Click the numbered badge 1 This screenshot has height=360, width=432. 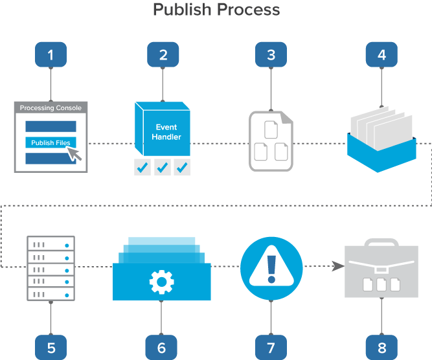coord(51,55)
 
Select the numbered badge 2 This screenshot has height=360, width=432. coord(163,55)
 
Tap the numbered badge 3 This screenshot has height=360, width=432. coord(271,55)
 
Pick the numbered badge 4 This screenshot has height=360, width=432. coord(381,55)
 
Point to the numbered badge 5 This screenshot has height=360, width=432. coord(51,347)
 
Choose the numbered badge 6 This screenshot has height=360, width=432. coord(161,347)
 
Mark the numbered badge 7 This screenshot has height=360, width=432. coord(271,347)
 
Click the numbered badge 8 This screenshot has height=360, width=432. coord(381,347)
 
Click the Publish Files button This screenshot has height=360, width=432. coord(51,142)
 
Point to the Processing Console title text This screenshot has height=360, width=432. coord(51,108)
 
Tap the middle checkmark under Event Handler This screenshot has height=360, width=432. coord(162,168)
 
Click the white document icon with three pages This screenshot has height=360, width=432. coord(271,141)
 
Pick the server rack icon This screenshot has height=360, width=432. coord(51,267)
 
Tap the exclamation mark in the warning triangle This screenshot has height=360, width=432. coord(271,267)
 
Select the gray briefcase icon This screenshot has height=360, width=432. coord(381,269)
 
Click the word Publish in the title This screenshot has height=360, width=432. coord(182,10)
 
